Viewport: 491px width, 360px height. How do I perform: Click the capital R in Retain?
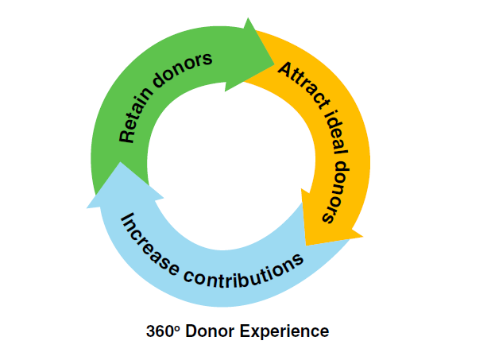click(126, 137)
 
